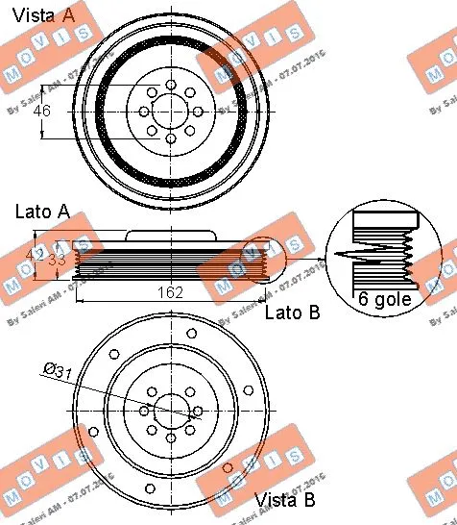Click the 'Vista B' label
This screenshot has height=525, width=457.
(x=284, y=501)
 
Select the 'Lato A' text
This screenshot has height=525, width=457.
(x=42, y=211)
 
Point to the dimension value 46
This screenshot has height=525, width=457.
(x=41, y=112)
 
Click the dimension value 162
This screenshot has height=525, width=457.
(x=171, y=292)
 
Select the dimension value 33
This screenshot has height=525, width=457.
(x=59, y=259)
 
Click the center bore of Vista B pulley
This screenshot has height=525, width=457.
(x=171, y=412)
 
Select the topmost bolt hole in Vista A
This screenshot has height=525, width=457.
(x=171, y=84)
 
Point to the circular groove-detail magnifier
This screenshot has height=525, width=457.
(x=383, y=255)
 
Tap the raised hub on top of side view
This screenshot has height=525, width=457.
(x=171, y=235)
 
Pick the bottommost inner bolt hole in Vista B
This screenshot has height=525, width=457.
(x=171, y=437)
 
